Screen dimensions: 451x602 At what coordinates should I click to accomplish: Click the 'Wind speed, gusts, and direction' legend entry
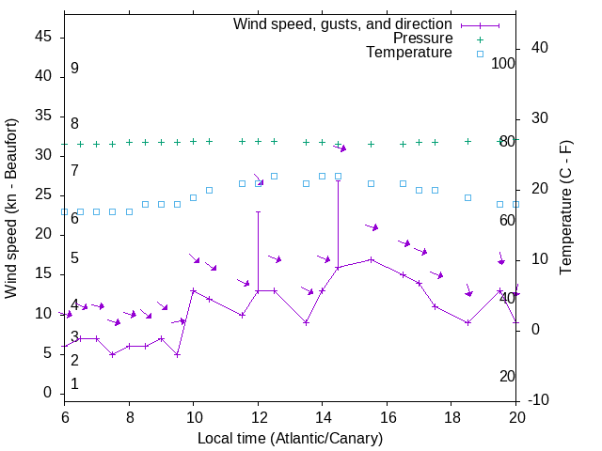(342, 23)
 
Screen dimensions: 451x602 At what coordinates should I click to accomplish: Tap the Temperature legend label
(409, 54)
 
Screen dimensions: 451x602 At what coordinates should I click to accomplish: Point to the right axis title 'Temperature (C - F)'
(565, 209)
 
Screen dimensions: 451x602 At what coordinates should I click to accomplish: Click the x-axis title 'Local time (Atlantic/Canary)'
(290, 439)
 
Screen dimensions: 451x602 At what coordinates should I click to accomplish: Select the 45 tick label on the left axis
(43, 37)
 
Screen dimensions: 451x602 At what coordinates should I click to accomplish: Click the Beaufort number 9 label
(74, 69)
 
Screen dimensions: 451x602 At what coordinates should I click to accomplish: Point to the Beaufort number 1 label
(74, 383)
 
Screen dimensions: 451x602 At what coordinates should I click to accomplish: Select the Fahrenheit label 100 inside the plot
(504, 64)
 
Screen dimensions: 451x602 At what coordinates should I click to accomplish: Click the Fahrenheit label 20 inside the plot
(507, 376)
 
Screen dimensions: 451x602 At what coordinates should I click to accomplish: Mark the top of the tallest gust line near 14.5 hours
(338, 180)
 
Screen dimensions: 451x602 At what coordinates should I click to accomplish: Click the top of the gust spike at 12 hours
(258, 212)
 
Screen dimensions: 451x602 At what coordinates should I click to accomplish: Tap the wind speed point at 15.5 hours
(371, 259)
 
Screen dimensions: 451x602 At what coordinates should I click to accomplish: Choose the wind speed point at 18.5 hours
(467, 322)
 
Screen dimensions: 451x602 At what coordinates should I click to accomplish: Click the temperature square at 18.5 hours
(467, 197)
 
